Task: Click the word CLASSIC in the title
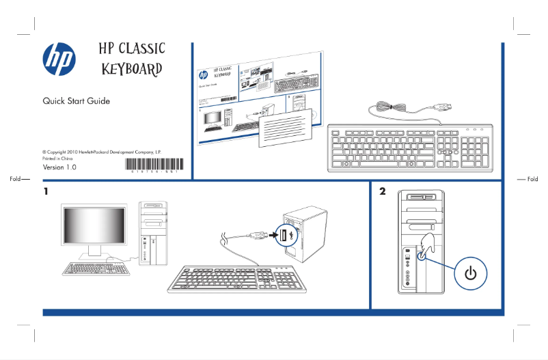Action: [x=141, y=49]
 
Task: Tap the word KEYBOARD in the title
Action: [x=132, y=70]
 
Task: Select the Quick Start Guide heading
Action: [x=76, y=101]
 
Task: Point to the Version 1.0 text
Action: [x=59, y=167]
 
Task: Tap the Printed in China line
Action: [x=57, y=158]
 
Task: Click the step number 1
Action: [x=46, y=191]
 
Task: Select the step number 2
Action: [x=383, y=191]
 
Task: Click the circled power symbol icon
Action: [x=469, y=273]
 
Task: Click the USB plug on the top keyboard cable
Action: [x=443, y=108]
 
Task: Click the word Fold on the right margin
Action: [x=532, y=179]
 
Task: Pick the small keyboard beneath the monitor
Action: [x=96, y=268]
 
